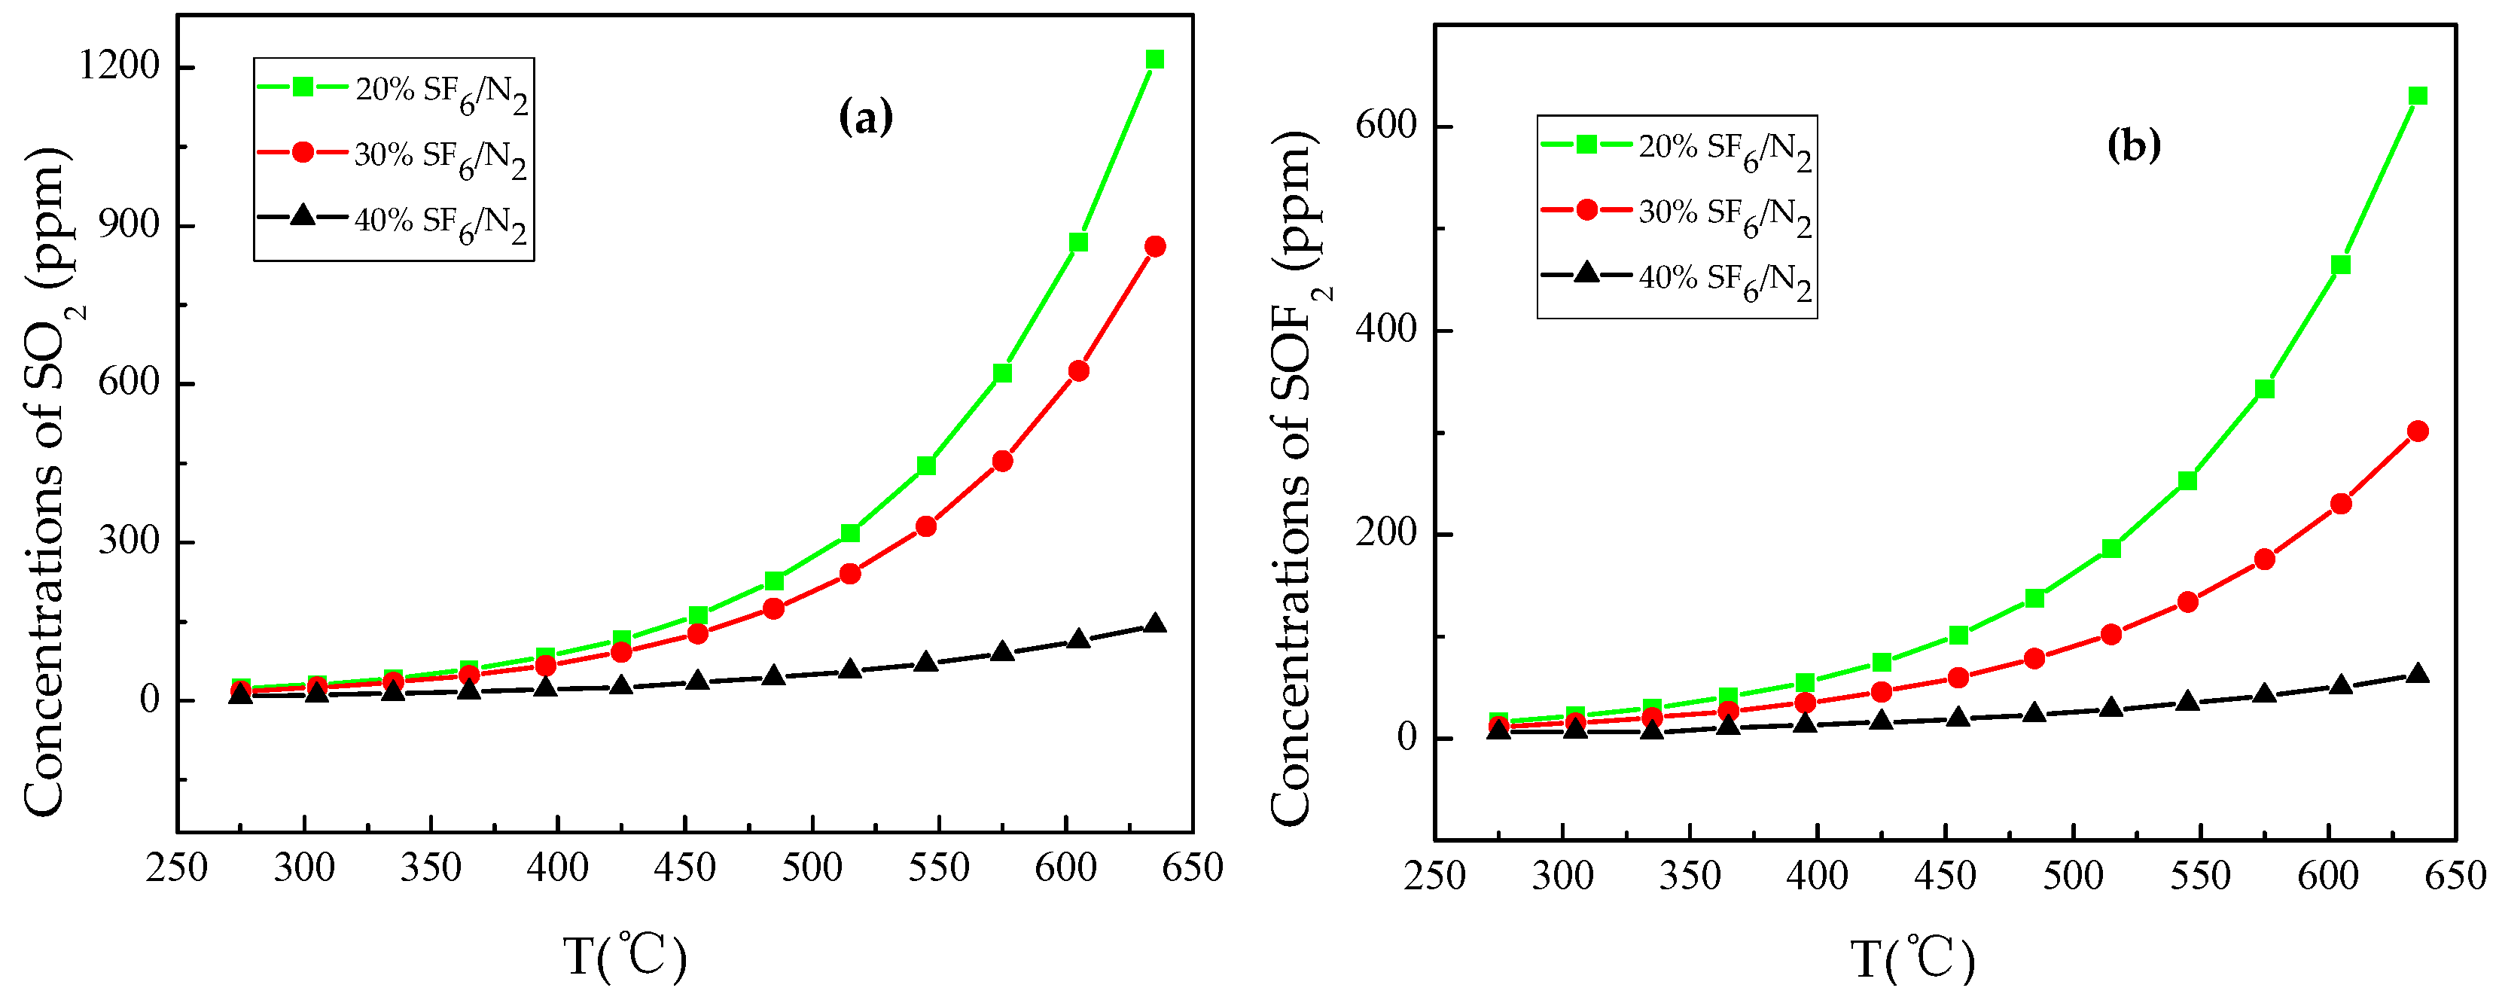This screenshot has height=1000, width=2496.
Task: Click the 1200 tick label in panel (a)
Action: [x=118, y=66]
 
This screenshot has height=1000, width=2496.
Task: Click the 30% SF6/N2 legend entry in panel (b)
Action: [x=1676, y=213]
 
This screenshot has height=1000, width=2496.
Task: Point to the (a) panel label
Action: [x=864, y=118]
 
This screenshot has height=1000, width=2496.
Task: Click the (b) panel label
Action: [x=2134, y=145]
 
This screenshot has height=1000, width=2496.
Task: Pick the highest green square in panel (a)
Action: [x=1154, y=60]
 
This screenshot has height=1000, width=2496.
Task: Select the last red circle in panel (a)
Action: [x=1154, y=246]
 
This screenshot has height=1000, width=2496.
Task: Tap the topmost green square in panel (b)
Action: [x=2418, y=96]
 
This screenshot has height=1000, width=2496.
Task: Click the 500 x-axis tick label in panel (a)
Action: [x=812, y=867]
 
